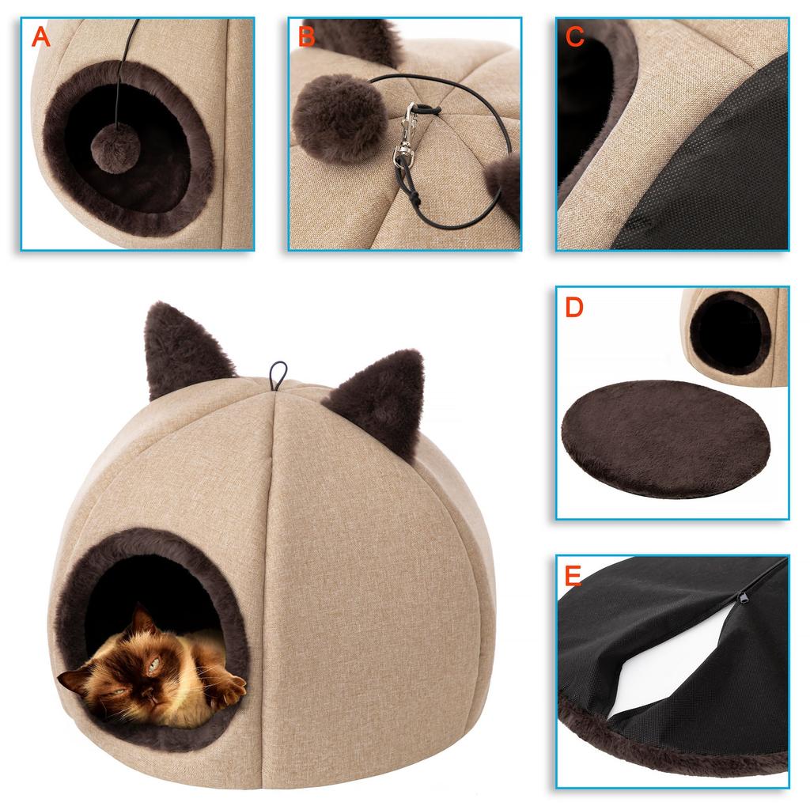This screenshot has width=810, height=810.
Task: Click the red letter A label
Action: [x=40, y=36]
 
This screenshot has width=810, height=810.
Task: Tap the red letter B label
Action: [x=307, y=36]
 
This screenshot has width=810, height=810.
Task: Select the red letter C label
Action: [x=575, y=36]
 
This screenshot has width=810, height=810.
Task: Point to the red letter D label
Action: [x=574, y=307]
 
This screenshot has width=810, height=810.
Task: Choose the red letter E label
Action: [x=573, y=576]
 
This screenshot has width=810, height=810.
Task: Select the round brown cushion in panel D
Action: [x=665, y=437]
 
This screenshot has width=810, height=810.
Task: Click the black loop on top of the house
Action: [x=278, y=375]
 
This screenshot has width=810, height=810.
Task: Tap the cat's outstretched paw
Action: [x=225, y=690]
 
